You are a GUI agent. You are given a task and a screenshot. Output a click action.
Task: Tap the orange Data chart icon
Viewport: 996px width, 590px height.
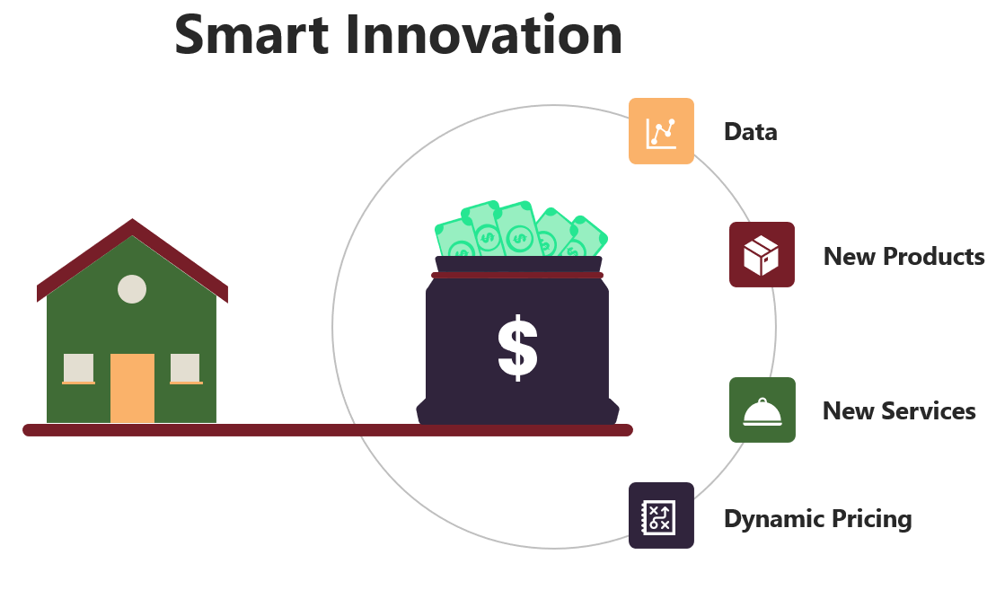point(661,131)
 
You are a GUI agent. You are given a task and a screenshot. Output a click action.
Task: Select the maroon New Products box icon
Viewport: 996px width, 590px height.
point(762,255)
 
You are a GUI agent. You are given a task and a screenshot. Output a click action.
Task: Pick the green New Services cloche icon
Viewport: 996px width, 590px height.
point(762,409)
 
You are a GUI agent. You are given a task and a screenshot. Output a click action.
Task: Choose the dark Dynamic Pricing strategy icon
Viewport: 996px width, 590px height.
point(661,515)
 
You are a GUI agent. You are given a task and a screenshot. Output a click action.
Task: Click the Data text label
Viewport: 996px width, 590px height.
point(751,131)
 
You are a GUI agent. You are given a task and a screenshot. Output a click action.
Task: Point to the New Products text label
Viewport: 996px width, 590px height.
point(903,256)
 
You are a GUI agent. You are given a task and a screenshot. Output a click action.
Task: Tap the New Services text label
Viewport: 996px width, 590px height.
point(899,411)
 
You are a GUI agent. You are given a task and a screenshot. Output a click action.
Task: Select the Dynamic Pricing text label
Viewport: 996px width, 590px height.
point(818,519)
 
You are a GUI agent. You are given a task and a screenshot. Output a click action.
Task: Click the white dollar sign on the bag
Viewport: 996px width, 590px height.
point(517,348)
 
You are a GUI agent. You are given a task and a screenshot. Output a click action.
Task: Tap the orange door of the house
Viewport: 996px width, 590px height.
point(132,388)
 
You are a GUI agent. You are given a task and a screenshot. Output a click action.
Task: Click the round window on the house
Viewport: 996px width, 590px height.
point(132,289)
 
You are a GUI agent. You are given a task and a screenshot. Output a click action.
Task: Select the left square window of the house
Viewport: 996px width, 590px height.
point(78,369)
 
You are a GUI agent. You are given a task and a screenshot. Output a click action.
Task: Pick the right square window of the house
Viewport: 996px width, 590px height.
point(186,369)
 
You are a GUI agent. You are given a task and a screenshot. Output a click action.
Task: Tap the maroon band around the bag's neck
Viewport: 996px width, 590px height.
point(517,275)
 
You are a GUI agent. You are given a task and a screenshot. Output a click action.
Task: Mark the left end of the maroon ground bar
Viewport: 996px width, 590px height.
point(25,430)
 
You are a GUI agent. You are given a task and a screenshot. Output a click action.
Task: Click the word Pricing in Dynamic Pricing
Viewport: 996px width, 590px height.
point(871,519)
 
